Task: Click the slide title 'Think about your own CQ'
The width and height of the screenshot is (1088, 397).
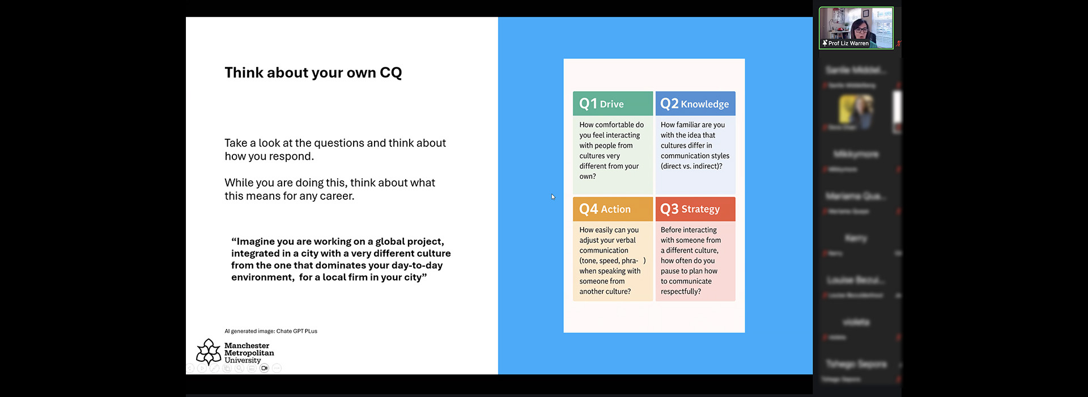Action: (313, 73)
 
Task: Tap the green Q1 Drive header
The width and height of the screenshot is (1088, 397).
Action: (613, 104)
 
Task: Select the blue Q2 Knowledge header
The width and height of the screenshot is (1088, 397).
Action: (695, 104)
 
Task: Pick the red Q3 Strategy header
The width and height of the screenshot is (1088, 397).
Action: (695, 209)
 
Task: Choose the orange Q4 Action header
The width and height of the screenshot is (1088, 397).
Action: (613, 209)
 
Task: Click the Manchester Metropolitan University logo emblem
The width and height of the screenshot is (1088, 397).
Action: (209, 352)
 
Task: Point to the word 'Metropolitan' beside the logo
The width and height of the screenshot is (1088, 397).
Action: (249, 353)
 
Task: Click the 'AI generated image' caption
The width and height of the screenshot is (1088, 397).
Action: (270, 331)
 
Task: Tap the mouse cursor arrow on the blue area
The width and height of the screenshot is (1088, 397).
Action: (553, 197)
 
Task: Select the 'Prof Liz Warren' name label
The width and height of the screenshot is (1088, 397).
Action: (848, 43)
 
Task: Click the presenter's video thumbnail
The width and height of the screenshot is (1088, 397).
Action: (856, 25)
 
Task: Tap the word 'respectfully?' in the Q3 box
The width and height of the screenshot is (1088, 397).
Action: (681, 292)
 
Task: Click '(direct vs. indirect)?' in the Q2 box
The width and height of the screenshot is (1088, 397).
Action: (691, 166)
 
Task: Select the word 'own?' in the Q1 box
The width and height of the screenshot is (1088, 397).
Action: (588, 177)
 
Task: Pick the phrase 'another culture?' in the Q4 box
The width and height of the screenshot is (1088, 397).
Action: (605, 292)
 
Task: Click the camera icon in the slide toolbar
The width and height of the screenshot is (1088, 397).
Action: (264, 368)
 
